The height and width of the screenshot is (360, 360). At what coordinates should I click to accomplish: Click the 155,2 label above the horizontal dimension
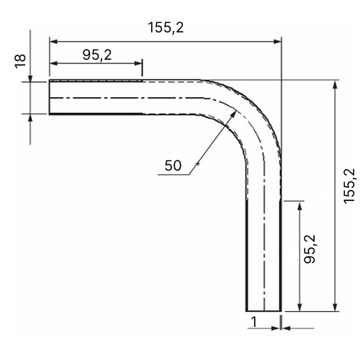[166, 27]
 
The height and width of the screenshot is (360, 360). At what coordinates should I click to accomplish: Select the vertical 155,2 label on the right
[349, 186]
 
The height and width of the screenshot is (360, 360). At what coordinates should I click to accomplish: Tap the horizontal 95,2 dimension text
[97, 55]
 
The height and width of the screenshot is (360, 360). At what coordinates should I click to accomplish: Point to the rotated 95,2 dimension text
[310, 249]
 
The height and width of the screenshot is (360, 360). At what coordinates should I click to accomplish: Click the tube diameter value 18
[20, 61]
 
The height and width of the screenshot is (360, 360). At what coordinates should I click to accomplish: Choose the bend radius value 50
[173, 166]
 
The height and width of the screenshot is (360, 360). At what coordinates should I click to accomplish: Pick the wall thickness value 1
[254, 322]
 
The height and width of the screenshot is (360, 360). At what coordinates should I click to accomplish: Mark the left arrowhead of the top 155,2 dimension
[53, 42]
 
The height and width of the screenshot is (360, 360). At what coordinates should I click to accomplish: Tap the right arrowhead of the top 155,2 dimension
[277, 42]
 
